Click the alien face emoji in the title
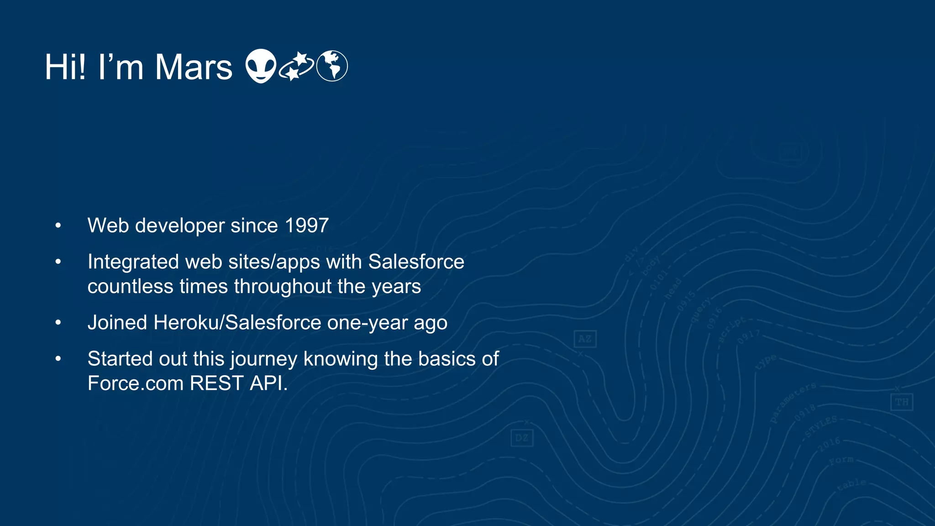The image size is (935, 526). pyautogui.click(x=261, y=66)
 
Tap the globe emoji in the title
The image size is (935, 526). pyautogui.click(x=332, y=66)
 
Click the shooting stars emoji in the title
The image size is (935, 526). pyautogui.click(x=296, y=66)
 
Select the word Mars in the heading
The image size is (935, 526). pyautogui.click(x=194, y=68)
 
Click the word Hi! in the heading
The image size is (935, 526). pyautogui.click(x=65, y=68)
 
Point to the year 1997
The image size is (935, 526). pyautogui.click(x=306, y=226)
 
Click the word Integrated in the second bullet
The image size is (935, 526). pyautogui.click(x=133, y=262)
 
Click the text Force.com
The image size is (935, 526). pyautogui.click(x=136, y=384)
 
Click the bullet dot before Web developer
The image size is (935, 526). pyautogui.click(x=58, y=226)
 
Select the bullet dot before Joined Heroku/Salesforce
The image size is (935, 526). pyautogui.click(x=58, y=323)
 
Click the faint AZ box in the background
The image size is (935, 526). pyautogui.click(x=585, y=339)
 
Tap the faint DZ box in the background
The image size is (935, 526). pyautogui.click(x=522, y=438)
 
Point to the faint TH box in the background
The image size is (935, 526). pyautogui.click(x=902, y=402)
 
